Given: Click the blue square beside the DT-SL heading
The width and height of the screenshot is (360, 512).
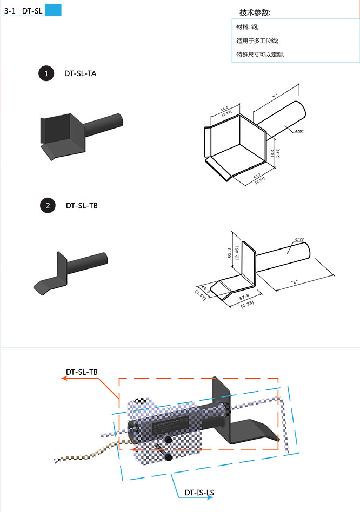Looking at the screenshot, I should tap(53, 10).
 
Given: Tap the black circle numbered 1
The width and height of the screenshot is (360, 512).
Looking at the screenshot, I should tap(46, 74).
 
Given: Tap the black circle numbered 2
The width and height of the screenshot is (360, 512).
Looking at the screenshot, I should tap(48, 205).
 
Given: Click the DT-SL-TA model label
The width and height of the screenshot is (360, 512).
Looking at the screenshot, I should tap(81, 74).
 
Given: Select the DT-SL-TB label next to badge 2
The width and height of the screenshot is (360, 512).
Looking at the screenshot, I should tap(82, 205).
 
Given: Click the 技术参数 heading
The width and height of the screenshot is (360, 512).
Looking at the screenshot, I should tap(255, 12).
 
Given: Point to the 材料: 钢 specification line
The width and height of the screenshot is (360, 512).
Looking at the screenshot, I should tap(247, 26).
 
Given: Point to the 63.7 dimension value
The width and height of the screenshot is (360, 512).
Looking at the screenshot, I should tap(257, 175).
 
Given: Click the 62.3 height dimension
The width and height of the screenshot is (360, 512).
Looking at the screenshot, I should tap(229, 252).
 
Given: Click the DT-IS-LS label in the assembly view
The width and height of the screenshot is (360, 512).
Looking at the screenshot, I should tap(199, 493).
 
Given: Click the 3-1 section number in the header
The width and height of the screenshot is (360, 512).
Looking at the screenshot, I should tap(10, 10).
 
